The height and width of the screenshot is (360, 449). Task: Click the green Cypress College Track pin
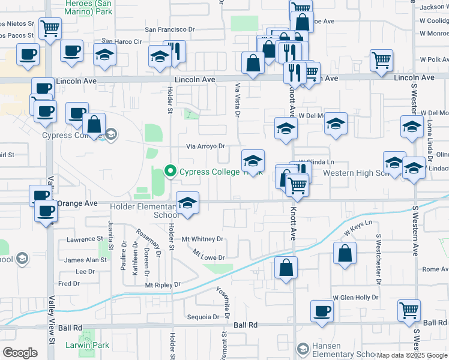coord(170,172)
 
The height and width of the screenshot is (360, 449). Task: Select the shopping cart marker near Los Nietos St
coord(50,28)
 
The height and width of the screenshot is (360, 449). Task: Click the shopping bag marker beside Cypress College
coord(94,124)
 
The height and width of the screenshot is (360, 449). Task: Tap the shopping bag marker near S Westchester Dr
coord(346,253)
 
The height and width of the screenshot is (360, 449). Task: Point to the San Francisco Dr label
coord(170,29)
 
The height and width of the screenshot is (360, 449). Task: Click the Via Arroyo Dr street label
coord(205,146)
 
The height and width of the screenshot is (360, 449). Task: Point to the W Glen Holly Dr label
coord(355,298)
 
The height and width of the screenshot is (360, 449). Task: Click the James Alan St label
coord(85,260)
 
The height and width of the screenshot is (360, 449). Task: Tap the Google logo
coord(20,353)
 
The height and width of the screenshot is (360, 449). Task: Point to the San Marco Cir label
coord(121,42)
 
